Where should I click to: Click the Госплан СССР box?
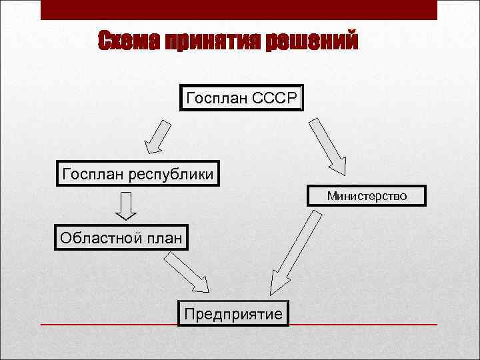241,97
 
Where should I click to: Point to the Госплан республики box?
138,174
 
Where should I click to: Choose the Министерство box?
366,196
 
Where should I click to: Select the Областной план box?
121,237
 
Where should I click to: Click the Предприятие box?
233,313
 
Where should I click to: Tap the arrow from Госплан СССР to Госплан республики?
158,137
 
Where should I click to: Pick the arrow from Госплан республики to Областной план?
125,205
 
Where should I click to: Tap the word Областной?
100,237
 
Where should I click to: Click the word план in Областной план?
163,238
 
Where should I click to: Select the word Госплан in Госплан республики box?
91,175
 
